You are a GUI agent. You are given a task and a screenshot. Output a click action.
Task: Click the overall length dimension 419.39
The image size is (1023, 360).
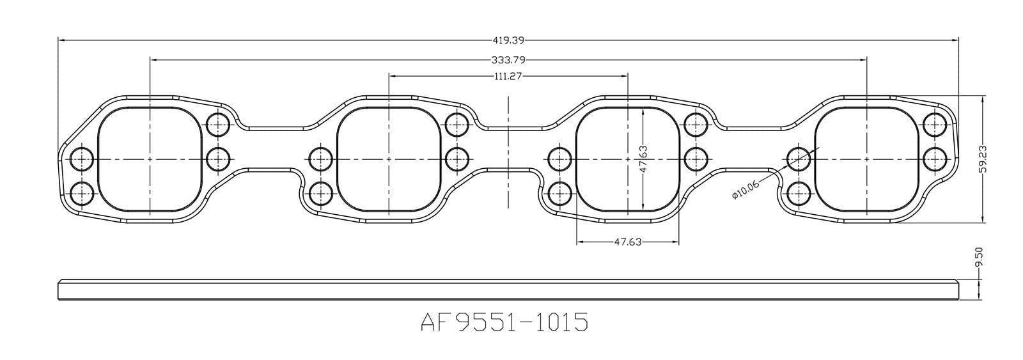pyautogui.click(x=508, y=40)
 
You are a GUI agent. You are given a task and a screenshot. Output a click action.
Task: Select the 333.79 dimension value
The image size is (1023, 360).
pyautogui.click(x=508, y=60)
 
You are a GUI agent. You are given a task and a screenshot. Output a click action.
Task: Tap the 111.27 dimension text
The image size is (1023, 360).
pyautogui.click(x=508, y=76)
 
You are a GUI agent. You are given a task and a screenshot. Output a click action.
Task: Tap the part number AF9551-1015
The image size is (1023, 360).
pyautogui.click(x=504, y=322)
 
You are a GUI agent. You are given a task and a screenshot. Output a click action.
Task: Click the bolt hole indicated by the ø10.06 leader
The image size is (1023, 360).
pyautogui.click(x=797, y=158)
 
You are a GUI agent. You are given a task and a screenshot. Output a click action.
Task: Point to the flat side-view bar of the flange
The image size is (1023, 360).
pyautogui.click(x=508, y=289)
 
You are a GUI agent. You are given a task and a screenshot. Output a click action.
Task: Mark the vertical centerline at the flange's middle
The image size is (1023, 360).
pyautogui.click(x=508, y=153)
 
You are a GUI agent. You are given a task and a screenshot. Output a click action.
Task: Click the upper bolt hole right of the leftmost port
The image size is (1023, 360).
pyautogui.click(x=218, y=123)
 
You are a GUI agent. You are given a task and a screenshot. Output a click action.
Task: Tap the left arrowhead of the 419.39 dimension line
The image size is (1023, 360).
pyautogui.click(x=61, y=40)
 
